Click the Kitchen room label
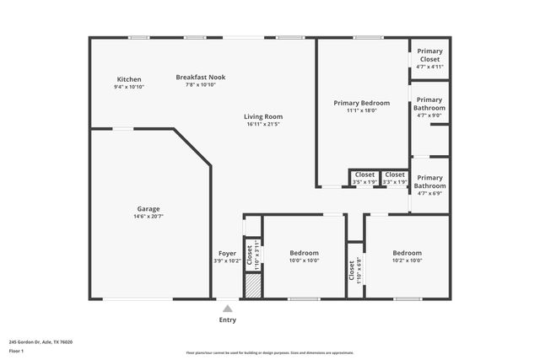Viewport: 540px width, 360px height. pos(129,79)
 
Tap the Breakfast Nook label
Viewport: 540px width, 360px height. pos(201,77)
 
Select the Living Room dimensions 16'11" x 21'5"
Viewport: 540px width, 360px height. pos(263,125)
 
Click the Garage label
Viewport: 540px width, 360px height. pos(148,209)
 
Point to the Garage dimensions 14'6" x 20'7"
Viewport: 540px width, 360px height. pos(148,217)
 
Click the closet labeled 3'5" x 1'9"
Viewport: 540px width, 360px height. pos(364,175)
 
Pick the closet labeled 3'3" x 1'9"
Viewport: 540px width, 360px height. pos(395,175)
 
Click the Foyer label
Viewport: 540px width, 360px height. pos(228,253)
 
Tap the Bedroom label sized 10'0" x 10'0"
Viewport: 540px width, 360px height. pos(305,253)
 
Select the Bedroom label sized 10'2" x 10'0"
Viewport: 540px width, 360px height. pos(407,253)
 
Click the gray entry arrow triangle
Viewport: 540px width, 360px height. pos(228,309)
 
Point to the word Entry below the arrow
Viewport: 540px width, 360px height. pos(228,320)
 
